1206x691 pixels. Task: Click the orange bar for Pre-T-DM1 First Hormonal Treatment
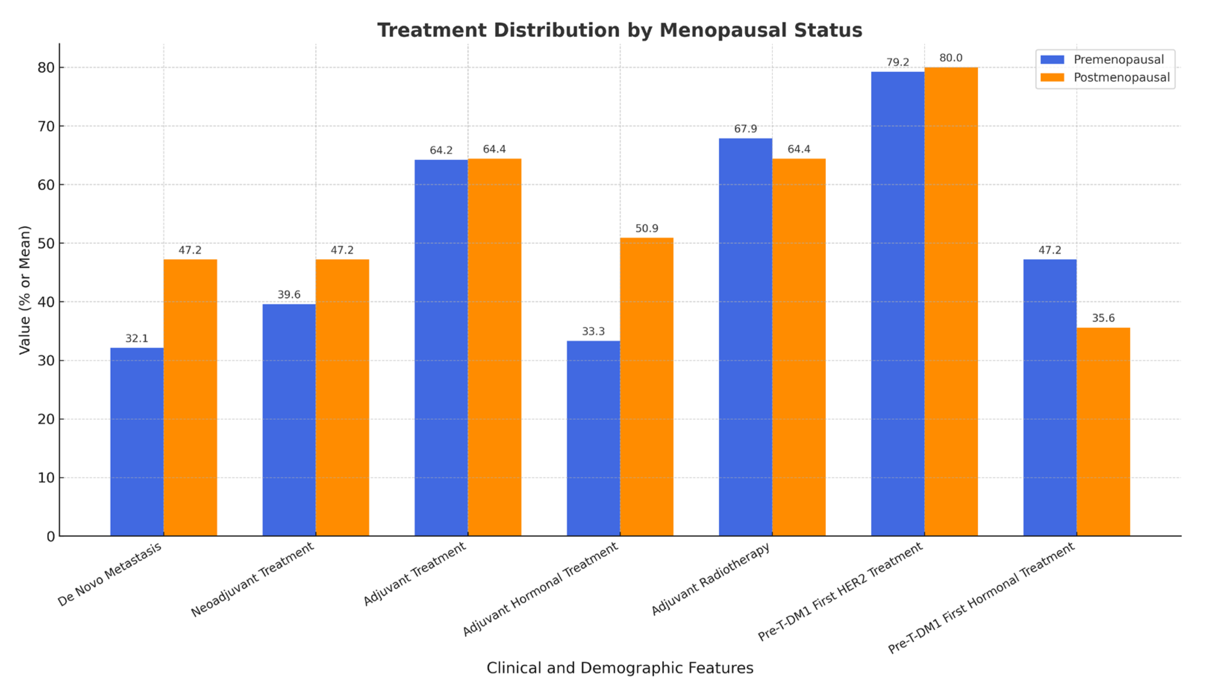(x=1103, y=432)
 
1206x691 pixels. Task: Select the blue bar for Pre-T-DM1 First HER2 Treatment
(x=897, y=304)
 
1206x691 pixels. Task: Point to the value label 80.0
(x=951, y=58)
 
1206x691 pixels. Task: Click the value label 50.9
(x=646, y=229)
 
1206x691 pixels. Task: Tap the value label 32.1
(x=137, y=339)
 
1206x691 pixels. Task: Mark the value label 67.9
(x=745, y=129)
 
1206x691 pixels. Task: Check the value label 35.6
(x=1103, y=318)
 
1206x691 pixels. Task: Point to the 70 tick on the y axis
(x=46, y=126)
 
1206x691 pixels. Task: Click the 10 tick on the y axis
(x=46, y=478)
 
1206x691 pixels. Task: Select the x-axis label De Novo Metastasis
(x=110, y=574)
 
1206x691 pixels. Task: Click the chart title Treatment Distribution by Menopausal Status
(x=619, y=30)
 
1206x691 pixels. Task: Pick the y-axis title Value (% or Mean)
(x=25, y=290)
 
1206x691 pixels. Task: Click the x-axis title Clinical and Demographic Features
(x=619, y=668)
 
